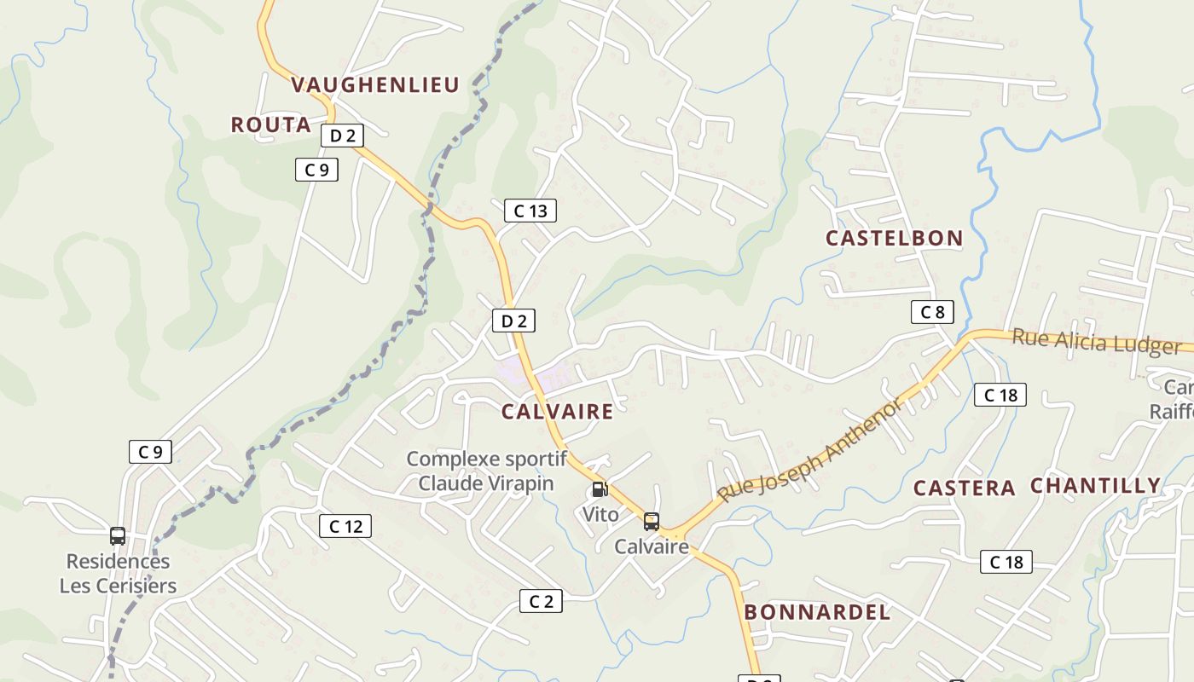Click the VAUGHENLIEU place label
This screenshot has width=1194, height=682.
click(x=375, y=84)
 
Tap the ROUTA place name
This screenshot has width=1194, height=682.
click(x=270, y=125)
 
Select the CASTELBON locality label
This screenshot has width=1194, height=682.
click(x=894, y=239)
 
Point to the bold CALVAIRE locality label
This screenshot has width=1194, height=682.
click(x=557, y=413)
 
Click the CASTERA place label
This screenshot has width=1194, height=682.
click(x=964, y=488)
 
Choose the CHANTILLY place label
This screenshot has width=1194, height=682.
click(x=1095, y=486)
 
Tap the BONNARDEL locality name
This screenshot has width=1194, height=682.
click(x=817, y=612)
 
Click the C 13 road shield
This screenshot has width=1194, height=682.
click(x=530, y=211)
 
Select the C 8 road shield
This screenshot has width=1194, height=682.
click(x=932, y=312)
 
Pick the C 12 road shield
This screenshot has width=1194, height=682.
click(x=345, y=527)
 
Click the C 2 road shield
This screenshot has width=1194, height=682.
click(x=541, y=602)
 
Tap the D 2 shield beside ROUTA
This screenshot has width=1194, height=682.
click(x=343, y=136)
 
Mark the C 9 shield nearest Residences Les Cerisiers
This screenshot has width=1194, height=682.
click(x=150, y=452)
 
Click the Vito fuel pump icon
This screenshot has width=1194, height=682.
click(x=600, y=489)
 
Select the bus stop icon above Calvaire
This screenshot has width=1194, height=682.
click(x=652, y=521)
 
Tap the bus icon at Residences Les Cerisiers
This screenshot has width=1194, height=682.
click(x=118, y=536)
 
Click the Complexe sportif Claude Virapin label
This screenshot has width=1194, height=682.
click(x=486, y=471)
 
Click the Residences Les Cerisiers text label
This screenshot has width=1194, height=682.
click(x=118, y=574)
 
